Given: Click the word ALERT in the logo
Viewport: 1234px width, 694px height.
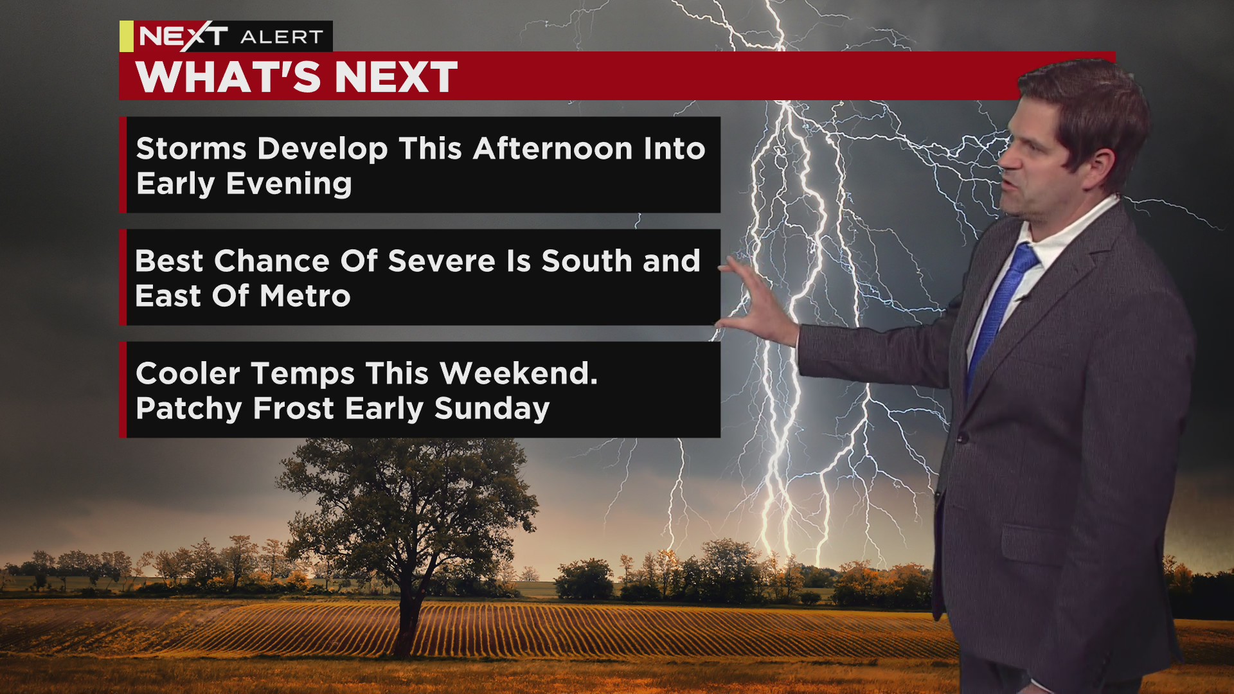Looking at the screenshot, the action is point(282,37).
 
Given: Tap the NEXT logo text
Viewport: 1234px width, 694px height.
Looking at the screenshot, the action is point(184,36).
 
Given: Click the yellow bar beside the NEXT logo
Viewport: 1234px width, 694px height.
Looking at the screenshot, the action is point(127,36).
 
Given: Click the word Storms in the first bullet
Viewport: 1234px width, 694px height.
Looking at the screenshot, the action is point(192,148).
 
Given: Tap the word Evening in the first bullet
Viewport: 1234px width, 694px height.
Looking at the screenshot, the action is point(289,184).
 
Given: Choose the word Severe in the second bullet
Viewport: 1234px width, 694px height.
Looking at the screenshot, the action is point(442,261).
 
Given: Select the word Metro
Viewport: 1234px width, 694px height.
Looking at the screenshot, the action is point(305,296).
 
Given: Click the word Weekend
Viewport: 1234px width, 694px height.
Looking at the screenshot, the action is point(519,373).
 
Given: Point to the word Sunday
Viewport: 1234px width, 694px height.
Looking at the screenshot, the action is point(492,409).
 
